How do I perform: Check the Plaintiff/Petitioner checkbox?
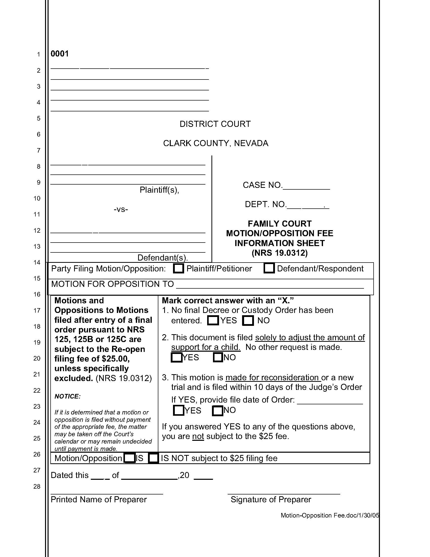click(x=178, y=269)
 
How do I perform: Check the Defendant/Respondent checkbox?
click(x=269, y=268)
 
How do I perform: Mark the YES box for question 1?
click(x=213, y=320)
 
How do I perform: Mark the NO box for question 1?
click(x=248, y=321)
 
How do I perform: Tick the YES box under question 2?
click(x=177, y=357)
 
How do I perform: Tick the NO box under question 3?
click(x=218, y=411)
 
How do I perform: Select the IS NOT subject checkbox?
click(x=153, y=458)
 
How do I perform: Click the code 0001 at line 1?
click(x=60, y=54)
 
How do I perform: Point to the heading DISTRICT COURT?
click(x=215, y=124)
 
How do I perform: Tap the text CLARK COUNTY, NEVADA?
click(x=216, y=143)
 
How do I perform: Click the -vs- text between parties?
click(x=121, y=209)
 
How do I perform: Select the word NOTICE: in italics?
click(x=67, y=396)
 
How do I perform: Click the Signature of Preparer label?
click(x=271, y=499)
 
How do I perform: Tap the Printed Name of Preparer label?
click(x=99, y=499)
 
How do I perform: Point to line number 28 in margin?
click(x=37, y=486)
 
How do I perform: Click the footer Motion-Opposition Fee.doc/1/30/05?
click(x=330, y=515)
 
